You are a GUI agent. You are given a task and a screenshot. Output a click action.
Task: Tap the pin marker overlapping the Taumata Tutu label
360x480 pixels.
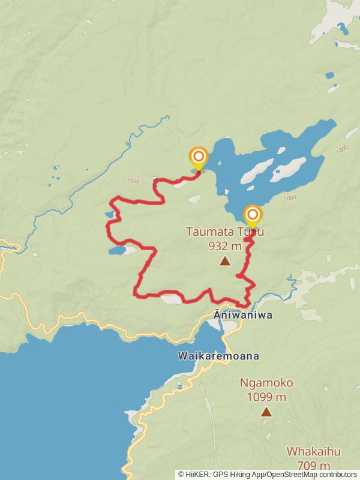coord(253,215)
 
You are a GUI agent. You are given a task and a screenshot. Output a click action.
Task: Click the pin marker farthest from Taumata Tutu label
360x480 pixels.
coord(198,158)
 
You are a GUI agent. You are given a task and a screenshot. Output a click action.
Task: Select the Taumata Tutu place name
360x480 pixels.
coord(224,232)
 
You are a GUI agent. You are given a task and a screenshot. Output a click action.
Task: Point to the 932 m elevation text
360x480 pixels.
coord(225,245)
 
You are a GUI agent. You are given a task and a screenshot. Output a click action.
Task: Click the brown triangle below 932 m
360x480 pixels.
coord(225,261)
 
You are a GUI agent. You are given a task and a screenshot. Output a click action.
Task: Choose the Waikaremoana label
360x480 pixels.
coord(218,356)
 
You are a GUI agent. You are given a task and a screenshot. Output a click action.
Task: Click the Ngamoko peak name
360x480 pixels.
coord(266,382)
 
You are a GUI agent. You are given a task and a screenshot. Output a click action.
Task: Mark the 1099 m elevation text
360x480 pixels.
coord(266,397)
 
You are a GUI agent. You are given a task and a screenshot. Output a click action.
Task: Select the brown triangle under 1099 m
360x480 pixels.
coord(266,412)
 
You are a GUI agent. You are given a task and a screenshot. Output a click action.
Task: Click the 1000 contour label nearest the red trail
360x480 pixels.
coord(133,181)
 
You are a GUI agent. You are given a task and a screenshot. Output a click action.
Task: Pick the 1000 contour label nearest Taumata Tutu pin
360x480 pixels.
coord(289,198)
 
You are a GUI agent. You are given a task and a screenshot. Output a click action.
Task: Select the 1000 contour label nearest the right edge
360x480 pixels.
coord(342,149)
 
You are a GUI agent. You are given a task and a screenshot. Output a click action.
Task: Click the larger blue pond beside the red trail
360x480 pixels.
coord(116,250)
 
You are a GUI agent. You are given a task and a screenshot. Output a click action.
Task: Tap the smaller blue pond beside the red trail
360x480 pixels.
coord(109,214)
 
